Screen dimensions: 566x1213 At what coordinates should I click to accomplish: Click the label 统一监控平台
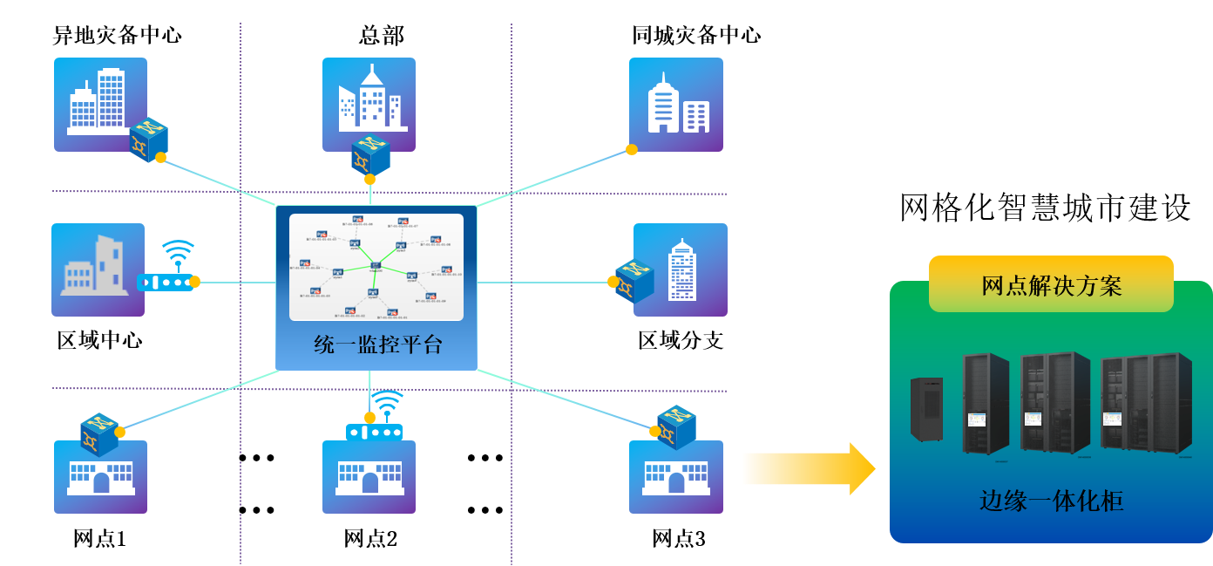(377, 345)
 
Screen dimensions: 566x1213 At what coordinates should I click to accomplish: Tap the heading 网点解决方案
(1051, 286)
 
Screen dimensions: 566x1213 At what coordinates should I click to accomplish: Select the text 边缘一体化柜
(1051, 501)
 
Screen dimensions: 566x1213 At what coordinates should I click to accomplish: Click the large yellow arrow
(808, 468)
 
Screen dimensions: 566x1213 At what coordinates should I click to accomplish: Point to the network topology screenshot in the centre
(376, 267)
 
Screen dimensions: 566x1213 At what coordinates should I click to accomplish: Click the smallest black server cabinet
(926, 409)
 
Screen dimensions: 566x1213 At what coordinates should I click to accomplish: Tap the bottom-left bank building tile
(100, 477)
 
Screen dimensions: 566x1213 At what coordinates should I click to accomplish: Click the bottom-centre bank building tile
(369, 477)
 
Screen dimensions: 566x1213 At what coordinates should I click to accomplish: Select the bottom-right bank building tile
(676, 477)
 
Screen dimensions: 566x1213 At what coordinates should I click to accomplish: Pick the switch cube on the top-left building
(148, 140)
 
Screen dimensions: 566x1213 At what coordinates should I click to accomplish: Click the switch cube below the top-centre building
(370, 155)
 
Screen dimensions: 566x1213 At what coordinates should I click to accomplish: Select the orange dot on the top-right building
(632, 149)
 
